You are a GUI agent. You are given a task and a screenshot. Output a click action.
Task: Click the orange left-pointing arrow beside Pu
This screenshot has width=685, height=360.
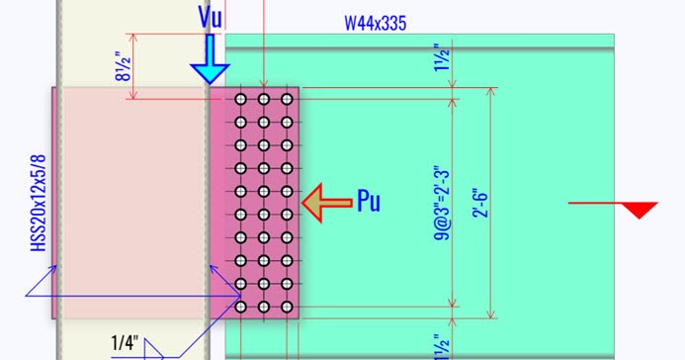326,203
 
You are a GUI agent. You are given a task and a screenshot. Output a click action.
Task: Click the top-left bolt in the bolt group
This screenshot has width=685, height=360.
239,99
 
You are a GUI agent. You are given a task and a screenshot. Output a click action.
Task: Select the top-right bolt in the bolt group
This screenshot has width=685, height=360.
287,99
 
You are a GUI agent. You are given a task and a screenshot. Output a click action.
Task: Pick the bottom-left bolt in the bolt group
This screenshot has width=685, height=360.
239,308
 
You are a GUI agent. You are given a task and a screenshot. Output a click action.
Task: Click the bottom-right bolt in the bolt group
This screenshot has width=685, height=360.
287,308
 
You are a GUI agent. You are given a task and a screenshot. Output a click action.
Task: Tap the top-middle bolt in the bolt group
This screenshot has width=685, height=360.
263,99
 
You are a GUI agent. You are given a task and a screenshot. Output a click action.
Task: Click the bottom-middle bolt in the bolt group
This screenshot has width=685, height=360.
263,308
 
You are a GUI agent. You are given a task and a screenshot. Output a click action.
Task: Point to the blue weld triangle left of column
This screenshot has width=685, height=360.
40,287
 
